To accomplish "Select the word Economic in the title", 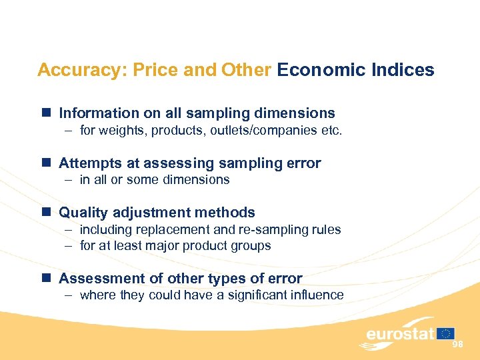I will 312,70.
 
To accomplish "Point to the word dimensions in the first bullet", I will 295,114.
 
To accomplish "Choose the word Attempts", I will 88,163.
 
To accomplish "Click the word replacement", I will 169,229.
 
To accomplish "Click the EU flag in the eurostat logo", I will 446,333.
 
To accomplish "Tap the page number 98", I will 457,344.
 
